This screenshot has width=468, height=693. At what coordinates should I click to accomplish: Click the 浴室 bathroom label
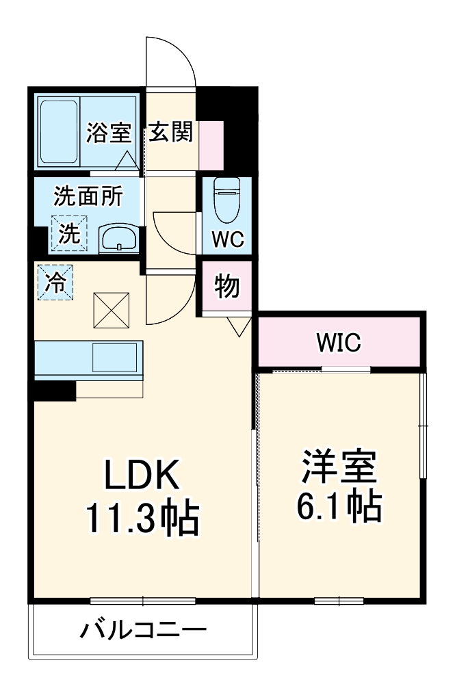(x=108, y=133)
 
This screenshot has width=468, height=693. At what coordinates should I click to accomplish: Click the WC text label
(x=225, y=239)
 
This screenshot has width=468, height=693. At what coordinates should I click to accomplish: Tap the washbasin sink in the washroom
(x=119, y=239)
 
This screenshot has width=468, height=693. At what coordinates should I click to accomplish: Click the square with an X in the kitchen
(x=111, y=309)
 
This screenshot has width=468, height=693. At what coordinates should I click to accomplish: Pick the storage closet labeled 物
(x=227, y=287)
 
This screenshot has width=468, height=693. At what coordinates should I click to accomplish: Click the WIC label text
(x=338, y=343)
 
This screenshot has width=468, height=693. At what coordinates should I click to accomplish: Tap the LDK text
(x=142, y=473)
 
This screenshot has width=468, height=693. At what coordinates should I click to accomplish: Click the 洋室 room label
(x=339, y=467)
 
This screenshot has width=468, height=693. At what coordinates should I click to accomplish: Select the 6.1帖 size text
(x=339, y=508)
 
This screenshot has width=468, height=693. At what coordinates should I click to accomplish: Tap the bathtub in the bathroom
(x=57, y=133)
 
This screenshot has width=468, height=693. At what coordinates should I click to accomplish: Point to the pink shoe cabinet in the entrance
(x=211, y=144)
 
